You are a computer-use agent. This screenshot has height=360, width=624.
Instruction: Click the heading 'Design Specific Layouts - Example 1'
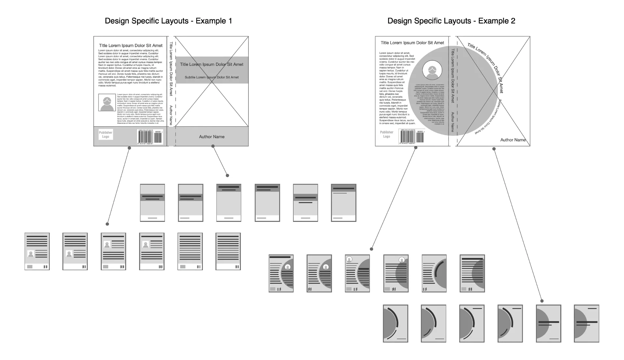coord(168,21)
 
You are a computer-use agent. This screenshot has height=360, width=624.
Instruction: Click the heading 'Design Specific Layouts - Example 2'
coord(451,21)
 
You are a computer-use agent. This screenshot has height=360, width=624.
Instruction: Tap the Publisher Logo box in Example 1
coord(106,135)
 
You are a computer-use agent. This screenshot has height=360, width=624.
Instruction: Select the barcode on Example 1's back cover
coord(150,137)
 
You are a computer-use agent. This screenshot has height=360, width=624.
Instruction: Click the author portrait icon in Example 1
coord(107,103)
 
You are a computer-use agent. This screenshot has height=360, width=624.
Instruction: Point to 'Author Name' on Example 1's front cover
coord(212,137)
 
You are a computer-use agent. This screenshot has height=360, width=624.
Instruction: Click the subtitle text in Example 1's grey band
coord(212,77)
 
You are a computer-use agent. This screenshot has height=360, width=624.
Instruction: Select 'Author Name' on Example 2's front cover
coord(513,140)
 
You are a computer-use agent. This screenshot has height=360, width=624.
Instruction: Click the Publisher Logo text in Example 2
coord(386,134)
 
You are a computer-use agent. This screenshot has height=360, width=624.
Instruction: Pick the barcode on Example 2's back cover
coord(411,136)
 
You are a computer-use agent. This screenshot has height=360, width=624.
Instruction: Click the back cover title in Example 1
coord(131,46)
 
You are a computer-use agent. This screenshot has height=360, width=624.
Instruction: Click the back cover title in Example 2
coord(412,43)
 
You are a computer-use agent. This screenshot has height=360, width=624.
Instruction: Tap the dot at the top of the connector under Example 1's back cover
coord(129,148)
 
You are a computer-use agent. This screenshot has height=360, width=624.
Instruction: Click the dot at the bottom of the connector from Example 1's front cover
coord(227,175)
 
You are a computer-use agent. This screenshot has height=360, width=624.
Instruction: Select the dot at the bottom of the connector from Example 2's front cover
coord(542,301)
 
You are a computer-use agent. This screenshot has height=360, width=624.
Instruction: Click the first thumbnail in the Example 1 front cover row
coord(152,203)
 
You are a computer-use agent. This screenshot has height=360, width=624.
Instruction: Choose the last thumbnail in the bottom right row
coord(586,323)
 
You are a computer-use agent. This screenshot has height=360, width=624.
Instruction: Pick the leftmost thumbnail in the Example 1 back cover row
coord(37,251)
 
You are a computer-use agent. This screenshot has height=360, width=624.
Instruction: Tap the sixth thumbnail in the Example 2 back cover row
coord(472,273)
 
